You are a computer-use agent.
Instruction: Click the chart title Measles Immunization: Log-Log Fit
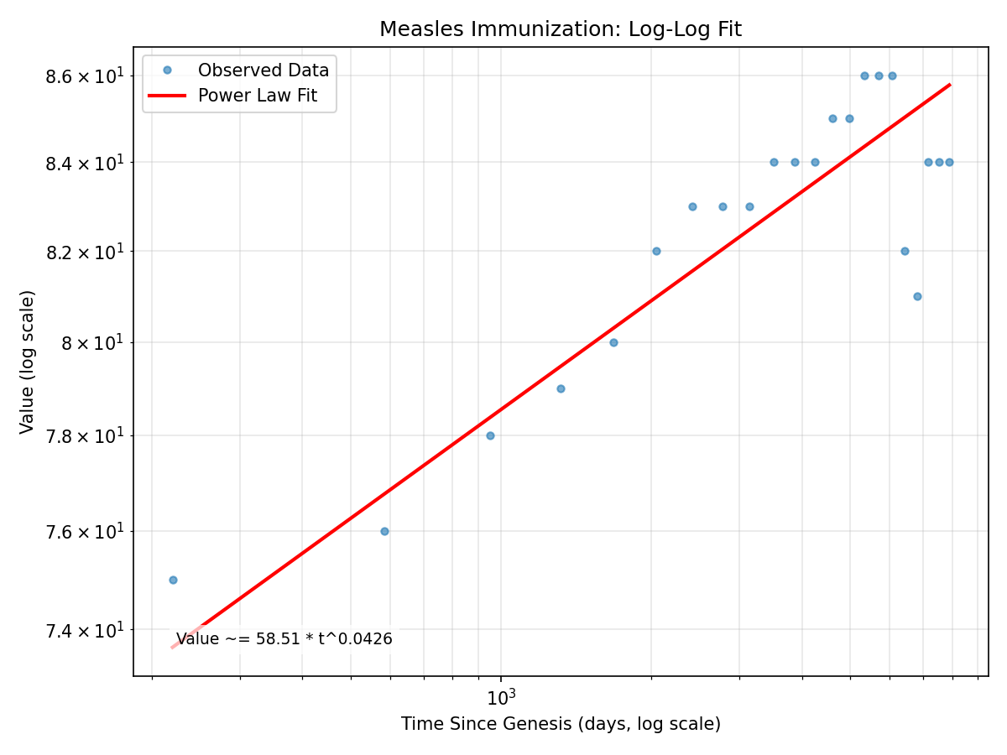[x=560, y=29]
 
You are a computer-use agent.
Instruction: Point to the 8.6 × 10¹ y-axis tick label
[x=84, y=76]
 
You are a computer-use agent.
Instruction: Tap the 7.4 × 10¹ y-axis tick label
[x=84, y=630]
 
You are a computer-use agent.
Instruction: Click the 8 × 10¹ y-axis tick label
[x=92, y=343]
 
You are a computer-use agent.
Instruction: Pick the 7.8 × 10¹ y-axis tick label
[x=84, y=436]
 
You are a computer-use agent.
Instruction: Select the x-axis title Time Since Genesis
[x=560, y=724]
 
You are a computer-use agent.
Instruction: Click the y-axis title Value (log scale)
[x=28, y=362]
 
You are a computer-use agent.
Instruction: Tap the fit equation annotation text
[x=284, y=639]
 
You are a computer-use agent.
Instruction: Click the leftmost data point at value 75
[x=173, y=580]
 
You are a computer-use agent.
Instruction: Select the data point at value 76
[x=384, y=531]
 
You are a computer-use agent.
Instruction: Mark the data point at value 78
[x=490, y=435]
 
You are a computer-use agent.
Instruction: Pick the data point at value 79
[x=561, y=388]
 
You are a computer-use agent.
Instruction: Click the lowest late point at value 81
[x=917, y=296]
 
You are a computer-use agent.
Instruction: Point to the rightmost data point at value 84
[x=949, y=162]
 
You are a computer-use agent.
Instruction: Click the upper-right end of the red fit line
[x=949, y=85]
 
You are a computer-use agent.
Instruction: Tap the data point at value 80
[x=613, y=342]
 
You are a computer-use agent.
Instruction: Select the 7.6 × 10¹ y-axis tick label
[x=84, y=532]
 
